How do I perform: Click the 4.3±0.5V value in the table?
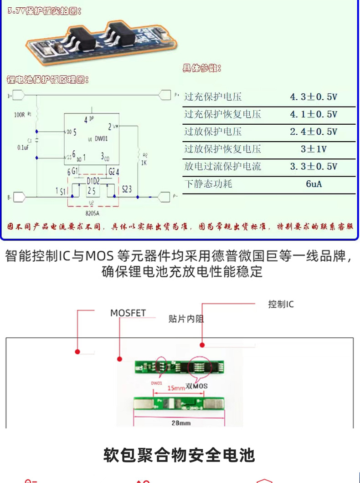coord(314,97)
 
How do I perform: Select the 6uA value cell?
coord(314,184)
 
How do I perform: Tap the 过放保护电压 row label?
coord(213,132)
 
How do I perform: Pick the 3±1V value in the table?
coord(314,149)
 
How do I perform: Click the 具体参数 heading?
coord(202,69)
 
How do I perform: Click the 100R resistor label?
coord(19,115)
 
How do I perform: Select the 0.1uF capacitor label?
coord(23,147)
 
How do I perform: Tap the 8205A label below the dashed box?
coord(93,212)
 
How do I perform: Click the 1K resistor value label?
coord(144,163)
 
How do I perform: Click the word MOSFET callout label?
coord(128,313)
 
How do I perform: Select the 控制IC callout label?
coord(281,304)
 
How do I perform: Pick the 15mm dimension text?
coord(175,388)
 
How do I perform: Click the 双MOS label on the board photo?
coord(197,386)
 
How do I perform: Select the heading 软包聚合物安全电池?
coord(179,455)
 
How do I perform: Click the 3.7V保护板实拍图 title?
coord(44,12)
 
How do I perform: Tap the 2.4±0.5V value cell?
coord(314,132)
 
